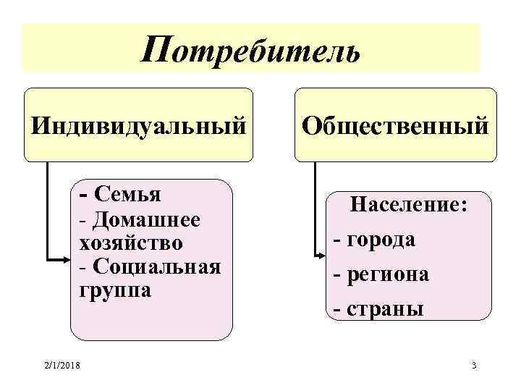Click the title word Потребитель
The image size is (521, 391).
[250, 50]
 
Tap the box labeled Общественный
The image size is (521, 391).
[395, 125]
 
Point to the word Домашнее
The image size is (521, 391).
[148, 218]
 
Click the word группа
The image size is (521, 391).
[111, 290]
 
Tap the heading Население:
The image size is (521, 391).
[409, 206]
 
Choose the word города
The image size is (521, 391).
[381, 240]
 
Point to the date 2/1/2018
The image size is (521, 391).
[62, 365]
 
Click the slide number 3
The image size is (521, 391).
[473, 365]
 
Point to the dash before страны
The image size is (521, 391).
[336, 310]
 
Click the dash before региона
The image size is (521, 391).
[336, 275]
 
